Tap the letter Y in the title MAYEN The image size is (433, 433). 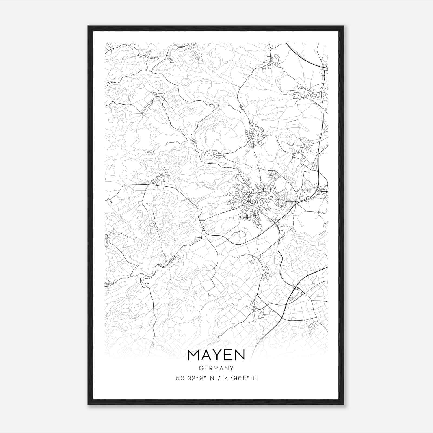click(x=216, y=355)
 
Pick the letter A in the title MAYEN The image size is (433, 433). click(x=205, y=355)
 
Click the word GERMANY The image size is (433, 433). click(x=216, y=368)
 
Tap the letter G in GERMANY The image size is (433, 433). click(x=201, y=368)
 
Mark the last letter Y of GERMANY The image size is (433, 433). click(x=232, y=368)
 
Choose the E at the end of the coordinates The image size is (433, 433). click(x=254, y=378)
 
